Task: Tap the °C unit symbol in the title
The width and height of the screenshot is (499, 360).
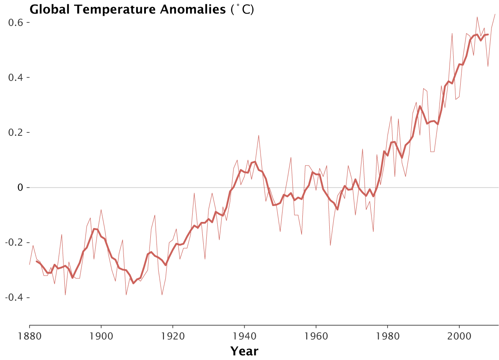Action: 242,10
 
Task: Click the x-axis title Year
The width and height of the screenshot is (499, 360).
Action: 244,351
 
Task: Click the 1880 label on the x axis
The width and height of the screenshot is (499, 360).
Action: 30,336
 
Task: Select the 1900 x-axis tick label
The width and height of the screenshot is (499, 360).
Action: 101,336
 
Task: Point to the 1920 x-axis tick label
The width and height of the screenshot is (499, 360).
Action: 173,336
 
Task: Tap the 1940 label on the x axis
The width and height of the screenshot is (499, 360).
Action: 244,336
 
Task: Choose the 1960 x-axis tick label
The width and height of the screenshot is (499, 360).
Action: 316,336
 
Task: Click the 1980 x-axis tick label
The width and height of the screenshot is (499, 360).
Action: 387,336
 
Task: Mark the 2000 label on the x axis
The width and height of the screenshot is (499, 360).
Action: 459,336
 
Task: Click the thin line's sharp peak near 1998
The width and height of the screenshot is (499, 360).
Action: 452,34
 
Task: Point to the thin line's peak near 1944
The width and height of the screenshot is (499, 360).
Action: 259,135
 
